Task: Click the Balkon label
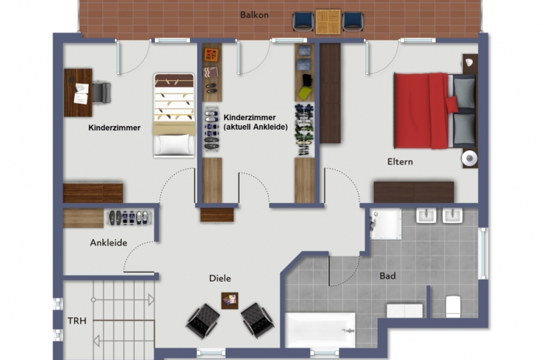pyautogui.click(x=254, y=15)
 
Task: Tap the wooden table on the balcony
pyautogui.click(x=328, y=21)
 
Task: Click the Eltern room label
pyautogui.click(x=400, y=161)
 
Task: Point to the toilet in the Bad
pyautogui.click(x=453, y=306)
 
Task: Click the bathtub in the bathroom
pyautogui.click(x=320, y=330)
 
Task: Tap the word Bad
pyautogui.click(x=388, y=276)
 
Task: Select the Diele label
pyautogui.click(x=220, y=279)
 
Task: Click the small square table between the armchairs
pyautogui.click(x=230, y=301)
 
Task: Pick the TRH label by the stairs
pyautogui.click(x=77, y=321)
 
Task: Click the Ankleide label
pyautogui.click(x=108, y=243)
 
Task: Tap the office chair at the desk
pyautogui.click(x=101, y=93)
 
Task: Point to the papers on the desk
pyautogui.click(x=81, y=93)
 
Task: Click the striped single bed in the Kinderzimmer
pyautogui.click(x=174, y=115)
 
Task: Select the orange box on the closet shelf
pyautogui.click(x=211, y=55)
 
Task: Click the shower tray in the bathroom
pyautogui.click(x=385, y=224)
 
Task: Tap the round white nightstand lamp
pyautogui.click(x=469, y=159)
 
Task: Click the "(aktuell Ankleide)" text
pyautogui.click(x=256, y=127)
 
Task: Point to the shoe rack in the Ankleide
pyautogui.click(x=129, y=218)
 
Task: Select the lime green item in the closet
pyautogui.click(x=305, y=93)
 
